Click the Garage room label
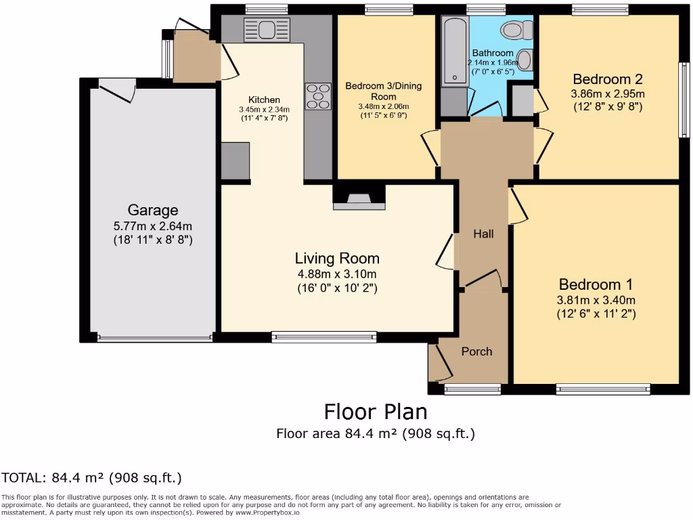pyautogui.click(x=153, y=210)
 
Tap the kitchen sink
pyautogui.click(x=267, y=30)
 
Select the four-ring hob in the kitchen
pyautogui.click(x=318, y=96)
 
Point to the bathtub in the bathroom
pyautogui.click(x=454, y=50)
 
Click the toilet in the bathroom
pyautogui.click(x=516, y=30)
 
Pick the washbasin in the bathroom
pyautogui.click(x=524, y=60)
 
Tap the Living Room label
pyautogui.click(x=337, y=258)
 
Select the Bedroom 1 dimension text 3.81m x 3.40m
pyautogui.click(x=596, y=300)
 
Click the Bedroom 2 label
pyautogui.click(x=608, y=79)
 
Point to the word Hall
pyautogui.click(x=483, y=234)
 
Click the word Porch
pyautogui.click(x=477, y=351)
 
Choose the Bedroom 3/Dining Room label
pyautogui.click(x=384, y=91)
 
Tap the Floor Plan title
pyautogui.click(x=376, y=412)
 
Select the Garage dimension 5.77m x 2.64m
pyautogui.click(x=153, y=226)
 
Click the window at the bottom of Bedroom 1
pyautogui.click(x=603, y=389)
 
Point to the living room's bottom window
pyautogui.click(x=324, y=337)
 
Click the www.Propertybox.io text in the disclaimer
pyautogui.click(x=267, y=513)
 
